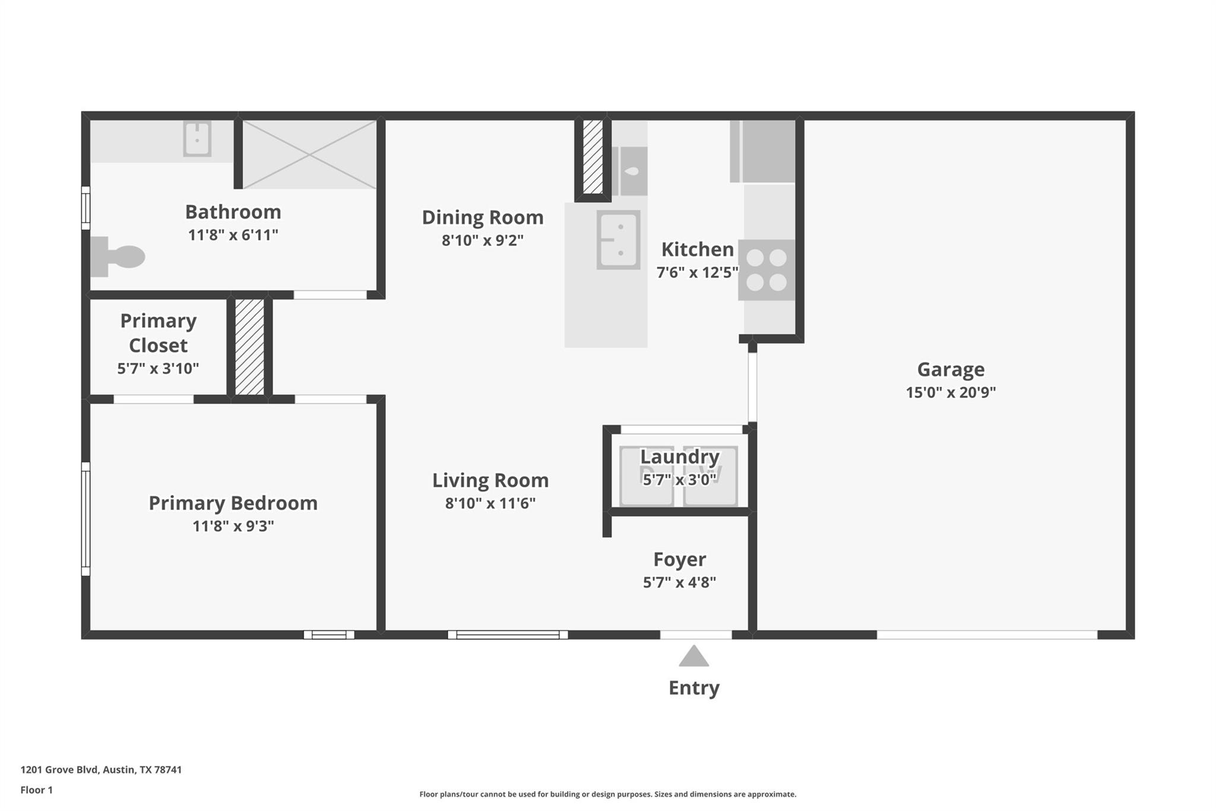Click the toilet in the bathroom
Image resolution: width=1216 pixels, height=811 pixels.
point(119,257)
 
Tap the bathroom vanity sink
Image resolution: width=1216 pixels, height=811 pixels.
point(197,138)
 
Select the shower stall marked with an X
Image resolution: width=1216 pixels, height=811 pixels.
point(309,154)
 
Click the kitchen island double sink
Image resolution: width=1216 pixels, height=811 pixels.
point(618,239)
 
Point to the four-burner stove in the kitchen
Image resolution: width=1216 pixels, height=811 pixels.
point(767,270)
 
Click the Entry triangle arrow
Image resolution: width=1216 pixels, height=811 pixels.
point(693,657)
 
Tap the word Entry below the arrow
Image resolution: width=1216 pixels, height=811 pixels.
point(693,687)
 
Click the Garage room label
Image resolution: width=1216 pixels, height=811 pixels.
point(951,369)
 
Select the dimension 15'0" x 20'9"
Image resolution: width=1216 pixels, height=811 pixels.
point(951,392)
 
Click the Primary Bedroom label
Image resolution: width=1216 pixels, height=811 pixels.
point(233,503)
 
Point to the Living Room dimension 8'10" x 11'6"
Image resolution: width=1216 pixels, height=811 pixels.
point(490,503)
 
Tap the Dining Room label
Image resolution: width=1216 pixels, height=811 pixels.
point(482,217)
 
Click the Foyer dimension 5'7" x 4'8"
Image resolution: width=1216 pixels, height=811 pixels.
point(679,582)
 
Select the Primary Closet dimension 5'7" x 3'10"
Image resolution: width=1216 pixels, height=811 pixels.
point(157,368)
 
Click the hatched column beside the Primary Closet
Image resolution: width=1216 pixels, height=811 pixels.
point(249,347)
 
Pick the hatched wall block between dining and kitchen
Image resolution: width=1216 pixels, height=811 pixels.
point(593,157)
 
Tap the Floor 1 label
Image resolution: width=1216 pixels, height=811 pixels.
point(36,790)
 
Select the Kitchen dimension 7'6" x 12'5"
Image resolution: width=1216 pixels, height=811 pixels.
point(697,272)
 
